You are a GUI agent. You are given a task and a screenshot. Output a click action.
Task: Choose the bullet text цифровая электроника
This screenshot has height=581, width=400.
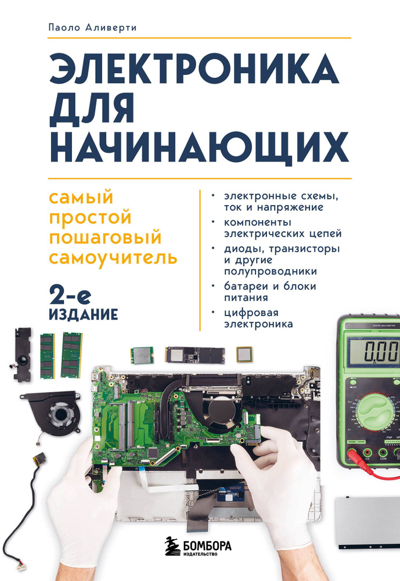pos(258,319)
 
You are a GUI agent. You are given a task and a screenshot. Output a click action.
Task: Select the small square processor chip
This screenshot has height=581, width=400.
pos(244,354)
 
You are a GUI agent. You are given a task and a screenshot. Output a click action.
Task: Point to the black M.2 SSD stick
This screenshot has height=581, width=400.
pos(194,354)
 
